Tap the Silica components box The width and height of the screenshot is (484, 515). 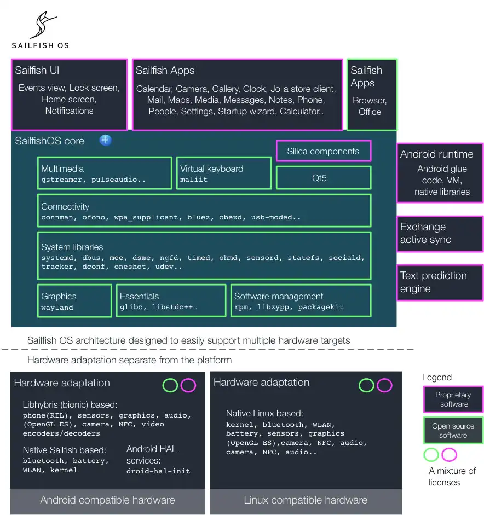tap(323, 152)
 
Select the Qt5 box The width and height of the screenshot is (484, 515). tap(323, 178)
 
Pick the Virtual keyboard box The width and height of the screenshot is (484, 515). tap(224, 173)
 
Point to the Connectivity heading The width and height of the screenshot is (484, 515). tap(65, 206)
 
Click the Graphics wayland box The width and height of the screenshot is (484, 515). tap(74, 301)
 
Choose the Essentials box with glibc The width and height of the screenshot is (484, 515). tap(172, 301)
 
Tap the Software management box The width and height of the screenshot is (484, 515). tap(301, 301)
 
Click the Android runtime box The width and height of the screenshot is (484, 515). tap(440, 173)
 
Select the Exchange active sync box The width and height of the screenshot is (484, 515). tap(440, 234)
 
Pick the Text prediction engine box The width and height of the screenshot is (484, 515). tap(440, 282)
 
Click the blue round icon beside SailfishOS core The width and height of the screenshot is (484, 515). tap(106, 141)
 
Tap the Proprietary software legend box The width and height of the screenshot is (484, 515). tap(453, 400)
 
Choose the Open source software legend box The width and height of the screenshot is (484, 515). tap(453, 431)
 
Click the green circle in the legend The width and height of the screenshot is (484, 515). tap(431, 455)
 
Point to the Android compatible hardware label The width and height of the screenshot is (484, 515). tap(107, 500)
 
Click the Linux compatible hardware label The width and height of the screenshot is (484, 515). tap(306, 500)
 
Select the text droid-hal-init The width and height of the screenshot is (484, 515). tap(158, 471)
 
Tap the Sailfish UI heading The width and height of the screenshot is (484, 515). tap(37, 70)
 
